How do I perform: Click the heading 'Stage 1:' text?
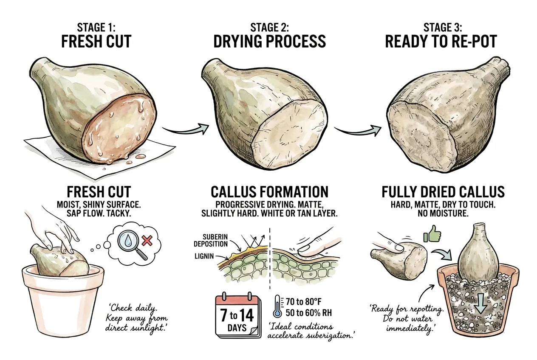pos(96,27)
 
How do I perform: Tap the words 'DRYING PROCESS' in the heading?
pos(269,41)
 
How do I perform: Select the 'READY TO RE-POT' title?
pos(441,42)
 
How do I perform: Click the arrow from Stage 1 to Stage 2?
pos(185,129)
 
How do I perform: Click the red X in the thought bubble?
pos(147,240)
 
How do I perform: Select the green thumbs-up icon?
pos(432,233)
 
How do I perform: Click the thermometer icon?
pos(277,306)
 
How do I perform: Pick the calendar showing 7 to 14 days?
pos(238,315)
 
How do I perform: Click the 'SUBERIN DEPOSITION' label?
pos(211,240)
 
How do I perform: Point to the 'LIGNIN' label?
pos(204,256)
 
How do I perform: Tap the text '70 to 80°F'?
pos(303,301)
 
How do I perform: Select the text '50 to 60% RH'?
pos(309,313)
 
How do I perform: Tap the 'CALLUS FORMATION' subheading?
pos(269,192)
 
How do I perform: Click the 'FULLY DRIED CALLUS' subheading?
pos(443,192)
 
